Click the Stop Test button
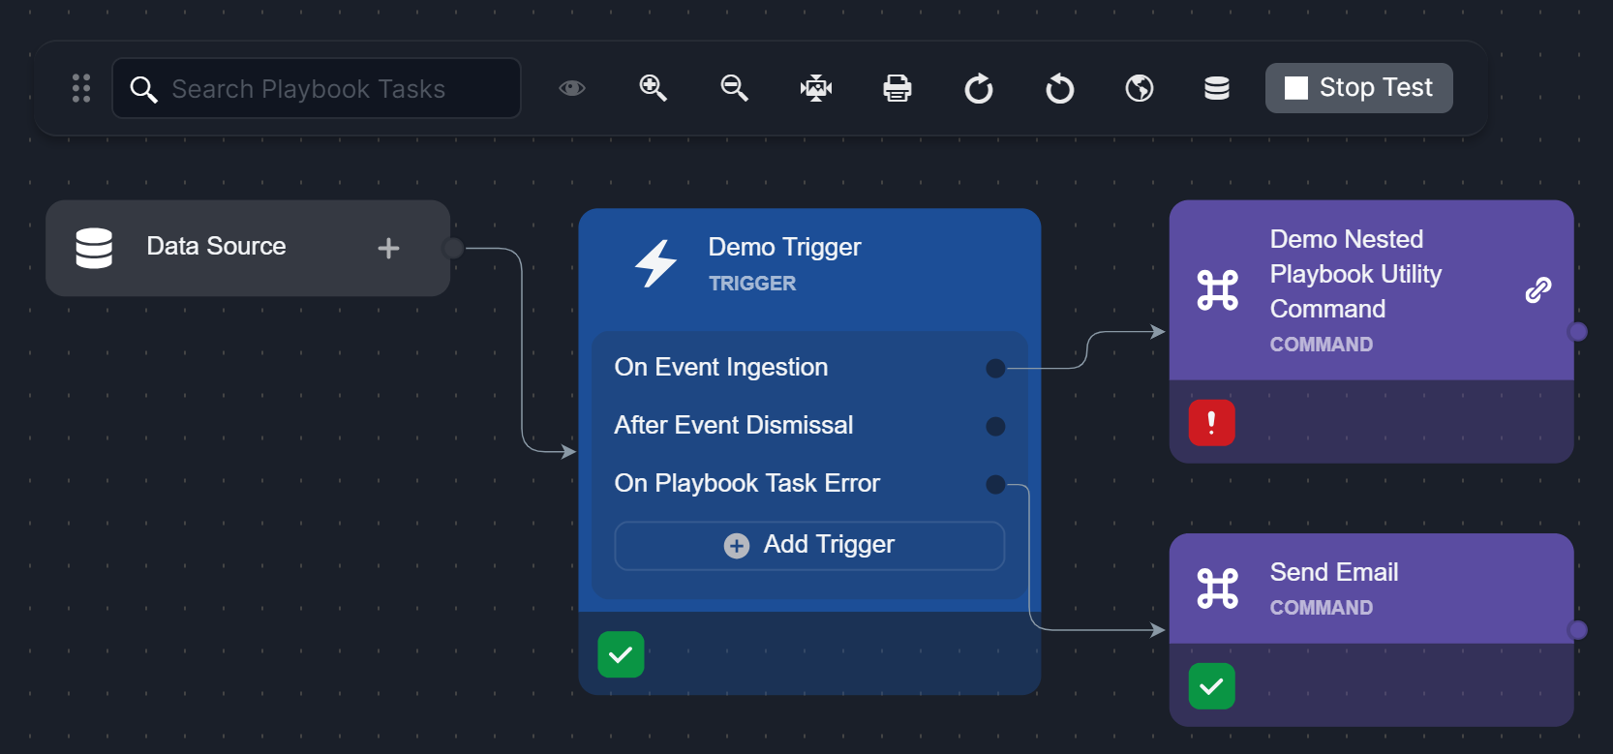[1358, 88]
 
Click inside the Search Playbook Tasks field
[320, 89]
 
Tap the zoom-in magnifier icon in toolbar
[654, 88]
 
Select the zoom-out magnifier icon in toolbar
[735, 88]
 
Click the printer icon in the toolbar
[898, 88]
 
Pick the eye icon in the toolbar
[572, 88]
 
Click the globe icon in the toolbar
[1140, 88]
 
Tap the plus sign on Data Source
[388, 249]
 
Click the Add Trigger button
[809, 545]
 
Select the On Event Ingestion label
[721, 368]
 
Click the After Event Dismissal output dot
[995, 427]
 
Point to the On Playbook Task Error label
[747, 484]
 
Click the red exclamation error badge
[1211, 423]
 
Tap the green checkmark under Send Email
[1211, 686]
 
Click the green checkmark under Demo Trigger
[621, 654]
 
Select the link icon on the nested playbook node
[1538, 289]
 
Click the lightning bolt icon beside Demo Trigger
[655, 263]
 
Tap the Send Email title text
[1334, 573]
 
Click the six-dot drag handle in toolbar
[81, 88]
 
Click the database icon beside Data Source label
[94, 248]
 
